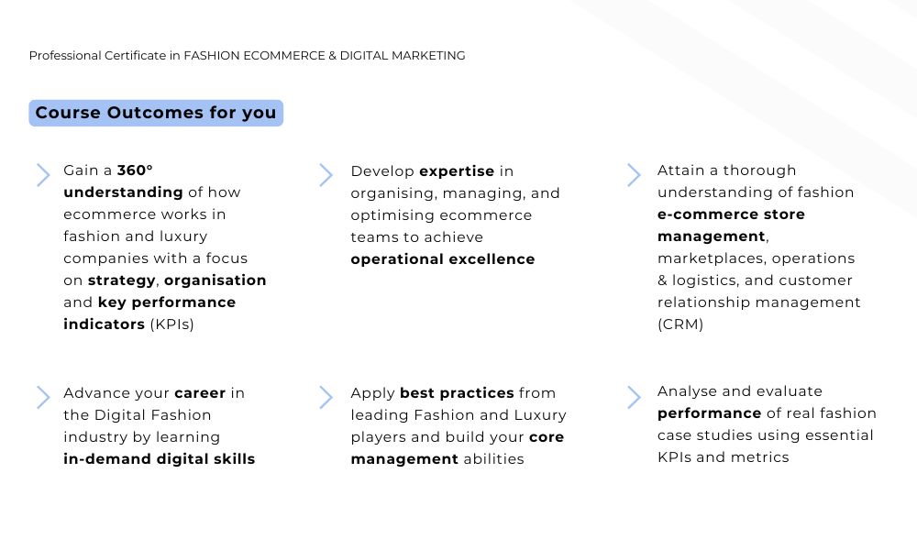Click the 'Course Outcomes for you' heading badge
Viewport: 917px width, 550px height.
click(x=156, y=113)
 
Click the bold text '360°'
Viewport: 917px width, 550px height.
click(x=135, y=170)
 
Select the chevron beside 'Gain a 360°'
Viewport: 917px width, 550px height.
click(x=43, y=175)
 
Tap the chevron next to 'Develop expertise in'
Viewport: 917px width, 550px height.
click(x=326, y=175)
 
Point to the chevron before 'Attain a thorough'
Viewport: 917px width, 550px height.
click(x=634, y=175)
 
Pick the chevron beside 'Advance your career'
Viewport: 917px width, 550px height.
click(x=43, y=398)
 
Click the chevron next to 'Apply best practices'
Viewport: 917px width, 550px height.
click(x=326, y=398)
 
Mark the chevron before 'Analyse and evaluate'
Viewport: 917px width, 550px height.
click(x=634, y=398)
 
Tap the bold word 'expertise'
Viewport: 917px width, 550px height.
click(x=457, y=171)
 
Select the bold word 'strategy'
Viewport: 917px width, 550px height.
click(x=122, y=280)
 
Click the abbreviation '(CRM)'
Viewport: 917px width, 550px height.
click(x=680, y=324)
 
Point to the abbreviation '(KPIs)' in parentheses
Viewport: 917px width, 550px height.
click(x=172, y=324)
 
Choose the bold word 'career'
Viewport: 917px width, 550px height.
click(x=200, y=392)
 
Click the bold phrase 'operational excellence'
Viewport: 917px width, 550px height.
click(x=443, y=259)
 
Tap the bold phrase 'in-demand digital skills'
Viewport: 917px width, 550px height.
click(x=159, y=459)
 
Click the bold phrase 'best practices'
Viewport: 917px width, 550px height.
click(x=457, y=392)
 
